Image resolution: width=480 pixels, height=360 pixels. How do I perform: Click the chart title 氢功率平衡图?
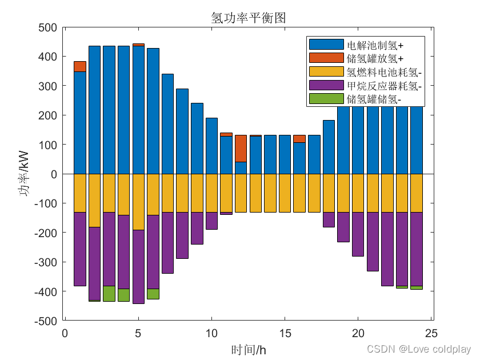pos(248,18)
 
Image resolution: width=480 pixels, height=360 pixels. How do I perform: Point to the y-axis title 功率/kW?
pos(23,173)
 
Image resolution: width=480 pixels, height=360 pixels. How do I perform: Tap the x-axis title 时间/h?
pos(248,350)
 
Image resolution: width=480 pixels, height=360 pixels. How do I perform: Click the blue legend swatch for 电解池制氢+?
pos(326,45)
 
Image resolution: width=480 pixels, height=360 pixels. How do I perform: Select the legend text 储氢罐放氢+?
pos(375,58)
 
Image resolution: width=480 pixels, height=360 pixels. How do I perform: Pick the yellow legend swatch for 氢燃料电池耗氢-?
pos(326,71)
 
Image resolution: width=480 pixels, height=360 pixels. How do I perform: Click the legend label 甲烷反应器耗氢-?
pos(384,86)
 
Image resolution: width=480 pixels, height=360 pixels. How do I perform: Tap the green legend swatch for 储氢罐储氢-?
pos(326,98)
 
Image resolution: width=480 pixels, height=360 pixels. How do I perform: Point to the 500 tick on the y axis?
pos(48,27)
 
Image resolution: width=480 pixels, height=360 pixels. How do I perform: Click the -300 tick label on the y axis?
pos(46,262)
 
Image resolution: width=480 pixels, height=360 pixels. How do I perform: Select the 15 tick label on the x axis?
pos(285,333)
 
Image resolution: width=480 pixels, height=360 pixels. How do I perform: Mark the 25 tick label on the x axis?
pos(431,333)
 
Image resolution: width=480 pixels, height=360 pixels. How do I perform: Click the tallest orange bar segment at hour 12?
pos(241,149)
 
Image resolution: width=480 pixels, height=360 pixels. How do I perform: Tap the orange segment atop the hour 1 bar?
pos(80,66)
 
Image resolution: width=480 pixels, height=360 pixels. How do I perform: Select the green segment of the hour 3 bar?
pos(109,294)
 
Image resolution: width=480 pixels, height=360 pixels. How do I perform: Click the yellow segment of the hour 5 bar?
pos(138,202)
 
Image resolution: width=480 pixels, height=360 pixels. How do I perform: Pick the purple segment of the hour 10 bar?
pos(211,221)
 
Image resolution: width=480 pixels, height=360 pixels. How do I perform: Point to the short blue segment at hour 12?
pos(241,168)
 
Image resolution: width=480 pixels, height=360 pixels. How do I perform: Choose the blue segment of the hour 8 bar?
pos(182,131)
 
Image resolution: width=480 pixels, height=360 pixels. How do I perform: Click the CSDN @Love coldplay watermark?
pos(419,349)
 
